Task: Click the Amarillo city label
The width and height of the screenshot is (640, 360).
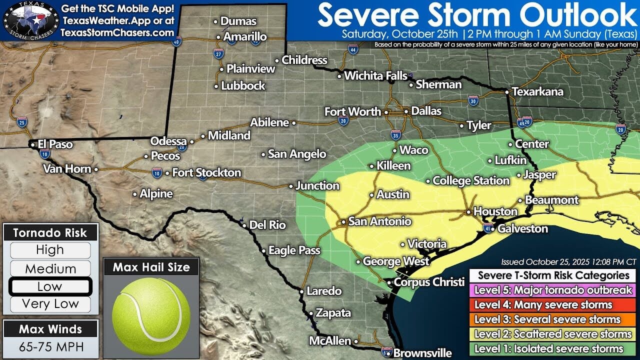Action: [245, 37]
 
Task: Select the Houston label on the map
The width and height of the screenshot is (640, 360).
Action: [495, 211]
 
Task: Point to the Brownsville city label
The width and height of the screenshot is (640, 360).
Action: [422, 353]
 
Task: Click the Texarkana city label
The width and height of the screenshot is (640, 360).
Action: [538, 92]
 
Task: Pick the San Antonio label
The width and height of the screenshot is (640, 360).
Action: [379, 221]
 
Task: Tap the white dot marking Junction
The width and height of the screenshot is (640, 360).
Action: [291, 186]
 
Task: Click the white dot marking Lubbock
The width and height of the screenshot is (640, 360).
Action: [216, 86]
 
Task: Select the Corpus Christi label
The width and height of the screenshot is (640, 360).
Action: [429, 282]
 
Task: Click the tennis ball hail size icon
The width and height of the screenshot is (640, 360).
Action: [151, 310]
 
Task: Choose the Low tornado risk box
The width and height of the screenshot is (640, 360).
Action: [50, 286]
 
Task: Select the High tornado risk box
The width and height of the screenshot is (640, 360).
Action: [50, 250]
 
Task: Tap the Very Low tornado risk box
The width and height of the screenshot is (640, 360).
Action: [50, 304]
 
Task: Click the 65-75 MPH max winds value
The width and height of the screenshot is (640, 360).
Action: [50, 346]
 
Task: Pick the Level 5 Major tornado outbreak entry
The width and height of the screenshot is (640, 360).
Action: [552, 290]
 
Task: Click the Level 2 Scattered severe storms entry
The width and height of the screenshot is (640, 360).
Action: [552, 334]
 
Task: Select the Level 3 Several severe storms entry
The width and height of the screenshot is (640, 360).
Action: [552, 319]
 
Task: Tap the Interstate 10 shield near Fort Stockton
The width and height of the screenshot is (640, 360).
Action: [157, 173]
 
